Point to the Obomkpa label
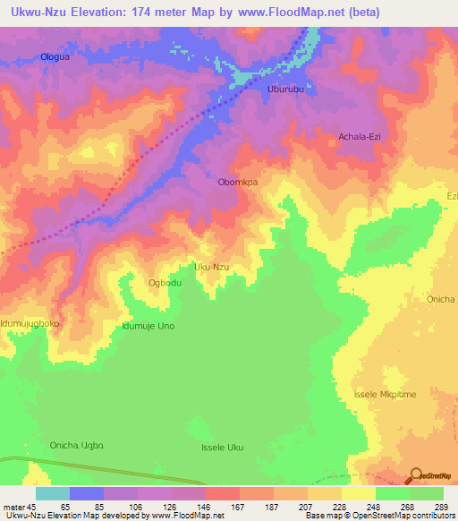238,182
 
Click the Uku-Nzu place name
212,267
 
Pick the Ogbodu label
165,283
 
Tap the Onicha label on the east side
441,300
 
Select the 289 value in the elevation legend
439,506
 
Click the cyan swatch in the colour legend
52,493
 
